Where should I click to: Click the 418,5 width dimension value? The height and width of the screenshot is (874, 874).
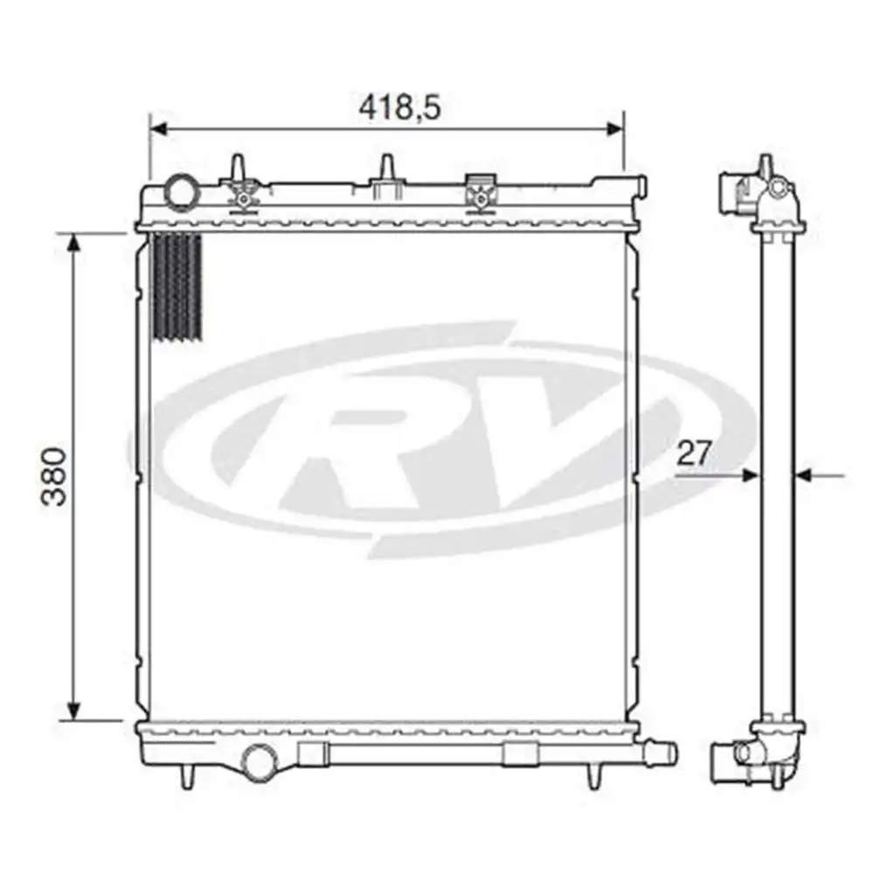click(x=399, y=107)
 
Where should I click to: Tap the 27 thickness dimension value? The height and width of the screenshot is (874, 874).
click(x=695, y=453)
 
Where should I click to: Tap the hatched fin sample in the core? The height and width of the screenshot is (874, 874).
click(x=177, y=286)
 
